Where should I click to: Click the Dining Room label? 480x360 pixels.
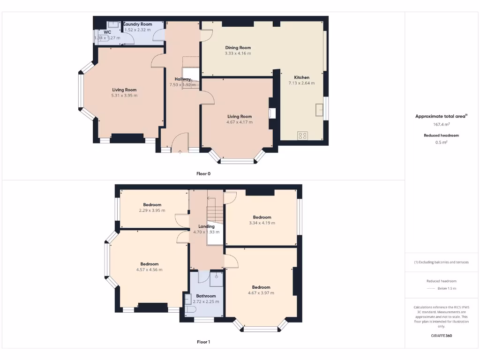pos(238,47)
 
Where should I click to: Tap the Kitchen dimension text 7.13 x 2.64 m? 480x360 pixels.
pos(301,83)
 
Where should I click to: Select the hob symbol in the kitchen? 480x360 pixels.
pos(302,135)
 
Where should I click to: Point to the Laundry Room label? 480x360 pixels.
pos(138,24)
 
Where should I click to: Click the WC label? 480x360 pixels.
pos(107,32)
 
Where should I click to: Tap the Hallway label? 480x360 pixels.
pos(182,79)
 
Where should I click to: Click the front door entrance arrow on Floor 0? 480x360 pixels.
pos(181,151)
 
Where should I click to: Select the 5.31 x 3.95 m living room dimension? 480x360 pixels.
pos(124,96)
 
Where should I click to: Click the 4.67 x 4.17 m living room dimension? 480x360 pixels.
pos(240,122)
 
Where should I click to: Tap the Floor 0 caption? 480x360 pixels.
pos(203,173)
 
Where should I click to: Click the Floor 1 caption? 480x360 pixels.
pos(203,342)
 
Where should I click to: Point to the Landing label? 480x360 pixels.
pos(206,226)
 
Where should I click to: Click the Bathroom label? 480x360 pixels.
pos(206,296)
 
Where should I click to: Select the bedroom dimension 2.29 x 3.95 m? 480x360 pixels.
pos(152,210)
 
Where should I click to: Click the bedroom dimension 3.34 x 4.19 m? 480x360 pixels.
pos(262,223)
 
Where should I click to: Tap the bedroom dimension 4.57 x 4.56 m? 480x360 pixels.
pos(149,270)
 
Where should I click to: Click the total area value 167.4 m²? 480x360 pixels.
pos(441,125)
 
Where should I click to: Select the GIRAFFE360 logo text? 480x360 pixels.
pos(441,336)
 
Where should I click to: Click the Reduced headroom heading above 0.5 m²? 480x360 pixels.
pos(441,135)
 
